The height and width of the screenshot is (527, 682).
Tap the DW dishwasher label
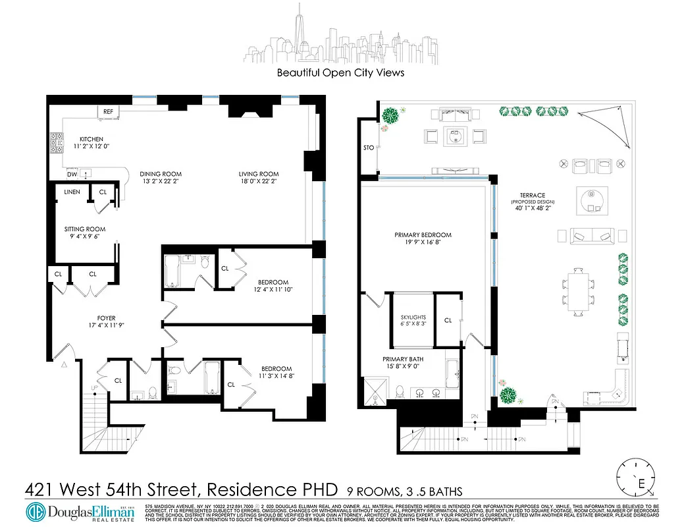[x=72, y=175]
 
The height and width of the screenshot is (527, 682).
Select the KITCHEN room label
[x=91, y=139]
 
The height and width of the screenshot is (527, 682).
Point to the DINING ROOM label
[x=161, y=175]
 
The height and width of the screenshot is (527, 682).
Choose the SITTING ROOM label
[x=85, y=229]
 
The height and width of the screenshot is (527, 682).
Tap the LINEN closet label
[x=72, y=192]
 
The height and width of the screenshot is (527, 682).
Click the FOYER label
[x=106, y=318]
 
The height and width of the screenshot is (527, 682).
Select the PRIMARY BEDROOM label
[x=423, y=235]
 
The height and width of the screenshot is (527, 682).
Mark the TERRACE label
[x=532, y=196]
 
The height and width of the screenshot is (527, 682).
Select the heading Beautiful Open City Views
[x=340, y=72]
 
